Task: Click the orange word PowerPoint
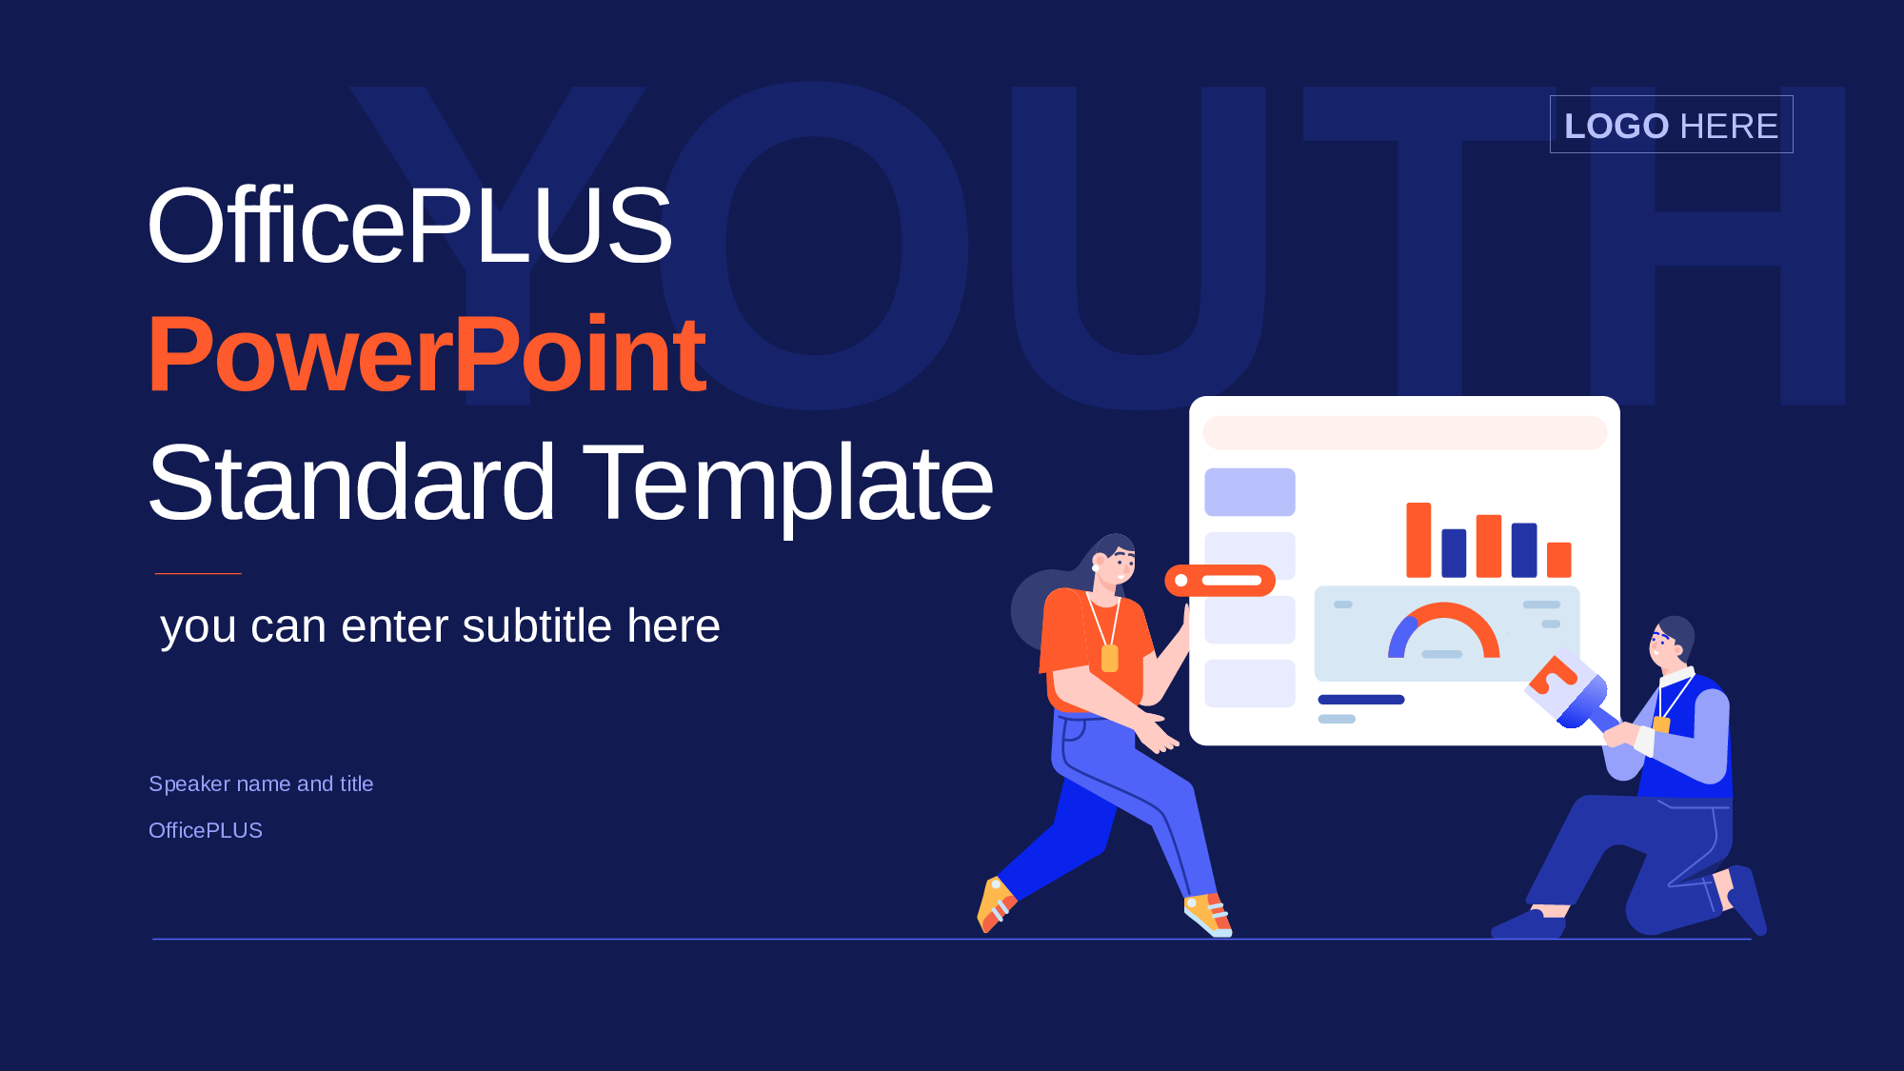click(426, 354)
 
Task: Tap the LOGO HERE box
click(1671, 125)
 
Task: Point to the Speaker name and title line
click(261, 783)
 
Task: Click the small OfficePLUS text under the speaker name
click(206, 830)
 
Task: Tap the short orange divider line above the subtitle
click(198, 573)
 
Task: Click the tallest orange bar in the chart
click(1418, 540)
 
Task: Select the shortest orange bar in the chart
click(1558, 560)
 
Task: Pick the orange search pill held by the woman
click(1220, 580)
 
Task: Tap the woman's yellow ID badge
click(1109, 658)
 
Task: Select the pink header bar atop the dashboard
click(1405, 432)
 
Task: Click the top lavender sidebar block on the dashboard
click(1250, 491)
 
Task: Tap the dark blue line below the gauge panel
click(1361, 700)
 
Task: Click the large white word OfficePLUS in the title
click(409, 226)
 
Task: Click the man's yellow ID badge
click(1661, 724)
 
